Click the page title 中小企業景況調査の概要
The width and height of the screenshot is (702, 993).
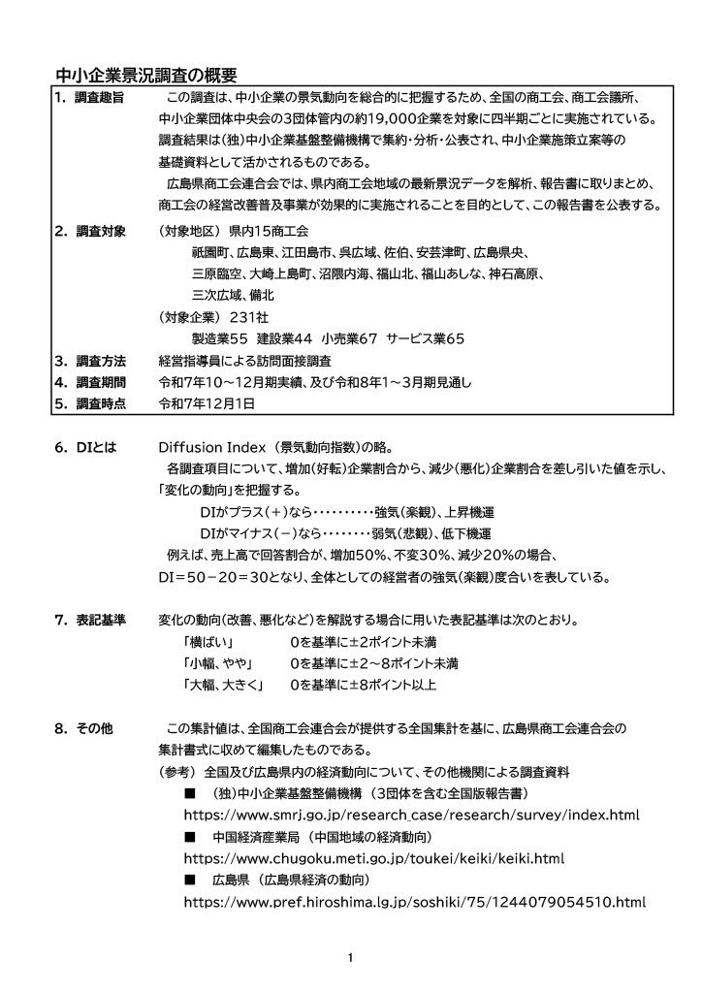[x=146, y=76]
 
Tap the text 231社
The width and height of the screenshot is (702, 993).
[x=249, y=317]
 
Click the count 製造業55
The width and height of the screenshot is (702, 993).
[x=220, y=339]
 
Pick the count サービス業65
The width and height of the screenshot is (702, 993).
[x=426, y=339]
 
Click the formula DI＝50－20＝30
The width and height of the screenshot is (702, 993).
[x=215, y=577]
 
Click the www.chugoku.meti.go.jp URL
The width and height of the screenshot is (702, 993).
[x=373, y=859]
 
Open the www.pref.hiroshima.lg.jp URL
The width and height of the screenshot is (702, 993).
[x=414, y=903]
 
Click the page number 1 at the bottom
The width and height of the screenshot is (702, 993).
[x=350, y=959]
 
